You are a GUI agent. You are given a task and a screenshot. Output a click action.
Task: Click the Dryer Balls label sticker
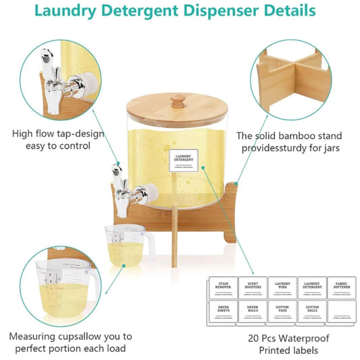click(x=251, y=313)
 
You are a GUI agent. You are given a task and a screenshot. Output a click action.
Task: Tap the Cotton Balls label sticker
click(x=311, y=313)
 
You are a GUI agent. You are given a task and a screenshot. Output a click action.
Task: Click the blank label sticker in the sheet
click(x=342, y=313)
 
